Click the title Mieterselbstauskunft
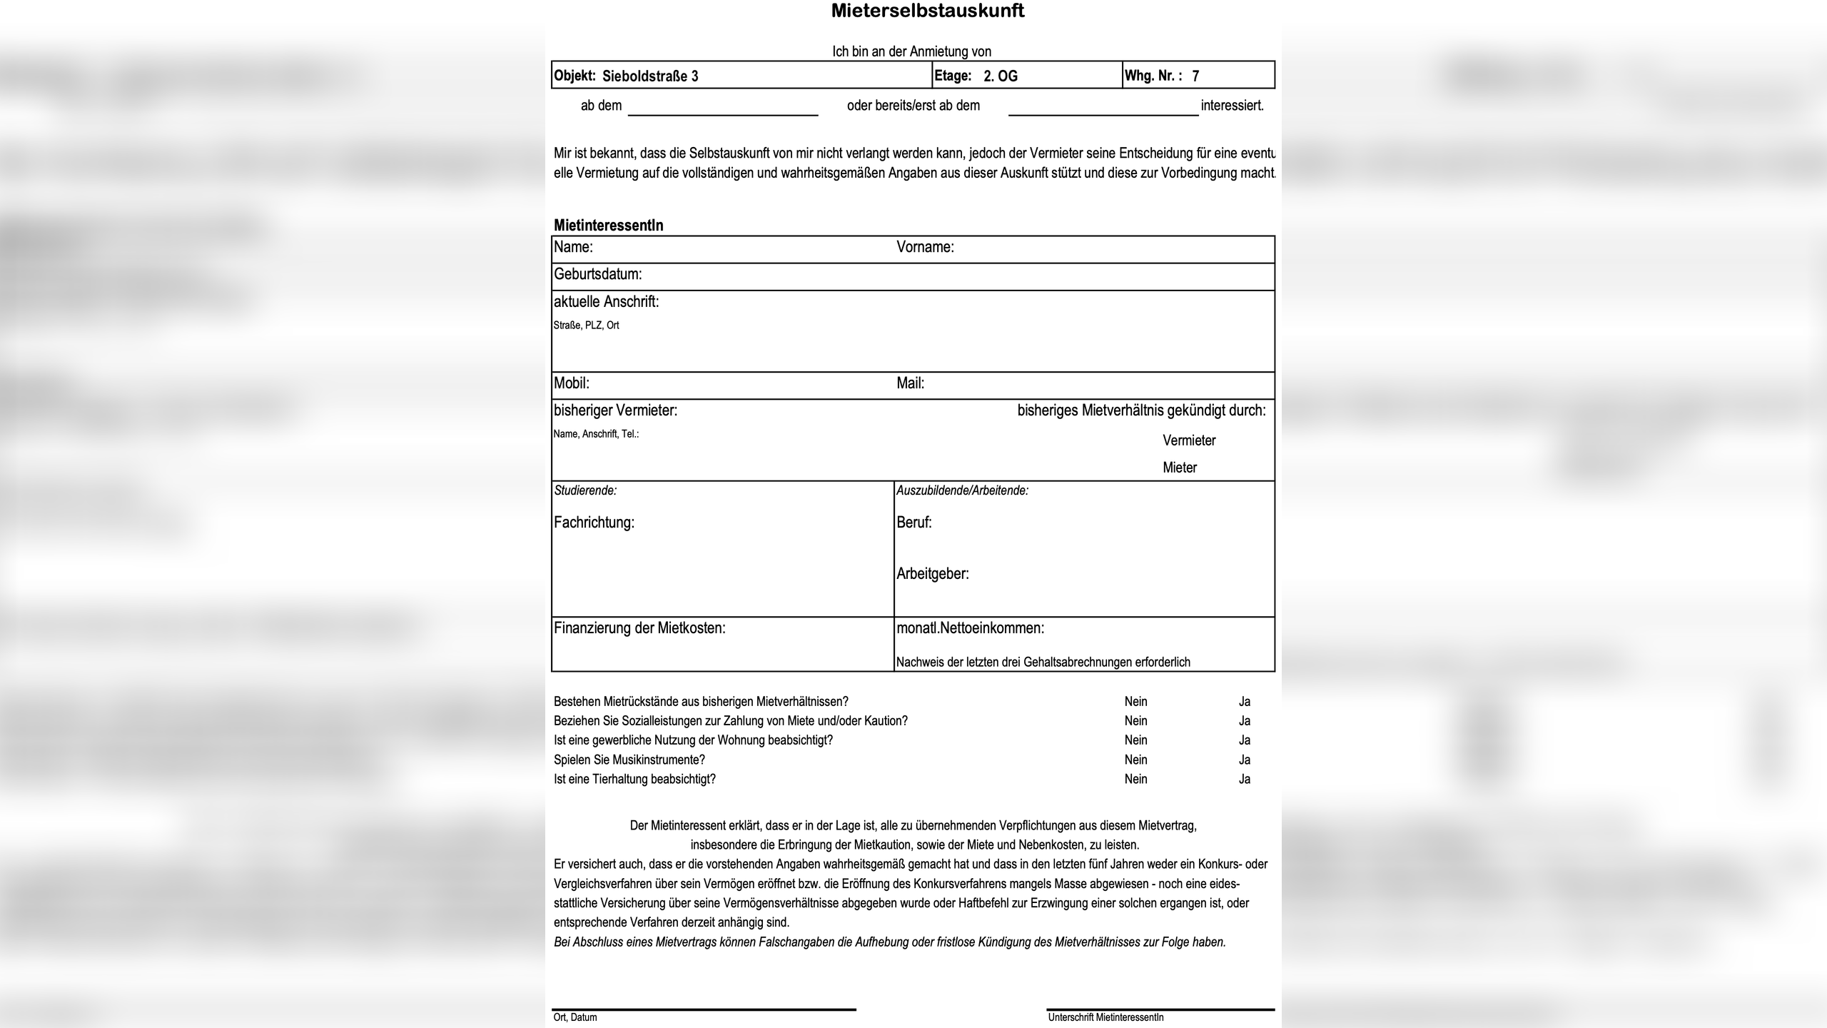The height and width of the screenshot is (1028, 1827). (x=927, y=11)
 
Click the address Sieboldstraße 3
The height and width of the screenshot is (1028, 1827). (x=650, y=76)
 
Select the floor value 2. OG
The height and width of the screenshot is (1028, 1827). (x=1001, y=76)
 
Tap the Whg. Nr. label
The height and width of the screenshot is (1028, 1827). (x=1153, y=76)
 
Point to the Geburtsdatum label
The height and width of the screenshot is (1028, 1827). (x=598, y=274)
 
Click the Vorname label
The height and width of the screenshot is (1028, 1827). (x=925, y=247)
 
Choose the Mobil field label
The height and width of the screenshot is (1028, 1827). (x=572, y=383)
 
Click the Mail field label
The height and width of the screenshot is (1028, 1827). (x=910, y=383)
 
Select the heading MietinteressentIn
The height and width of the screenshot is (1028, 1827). (x=609, y=226)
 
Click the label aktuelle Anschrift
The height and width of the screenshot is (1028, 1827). (x=607, y=302)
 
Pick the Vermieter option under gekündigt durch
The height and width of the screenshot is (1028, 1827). (x=1189, y=440)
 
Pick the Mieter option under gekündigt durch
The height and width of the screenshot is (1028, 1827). (x=1180, y=468)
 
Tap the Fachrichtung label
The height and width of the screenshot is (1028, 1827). (x=594, y=523)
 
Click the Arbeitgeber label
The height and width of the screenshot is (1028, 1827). (x=933, y=574)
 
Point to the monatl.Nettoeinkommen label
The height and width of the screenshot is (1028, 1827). (x=970, y=628)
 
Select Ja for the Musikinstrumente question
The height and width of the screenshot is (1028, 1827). (x=1245, y=760)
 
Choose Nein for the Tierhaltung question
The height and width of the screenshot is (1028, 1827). (x=1136, y=779)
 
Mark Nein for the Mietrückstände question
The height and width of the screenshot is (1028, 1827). (x=1136, y=702)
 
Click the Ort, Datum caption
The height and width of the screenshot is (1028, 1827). (x=575, y=1017)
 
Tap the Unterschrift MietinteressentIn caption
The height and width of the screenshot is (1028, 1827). (x=1105, y=1017)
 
